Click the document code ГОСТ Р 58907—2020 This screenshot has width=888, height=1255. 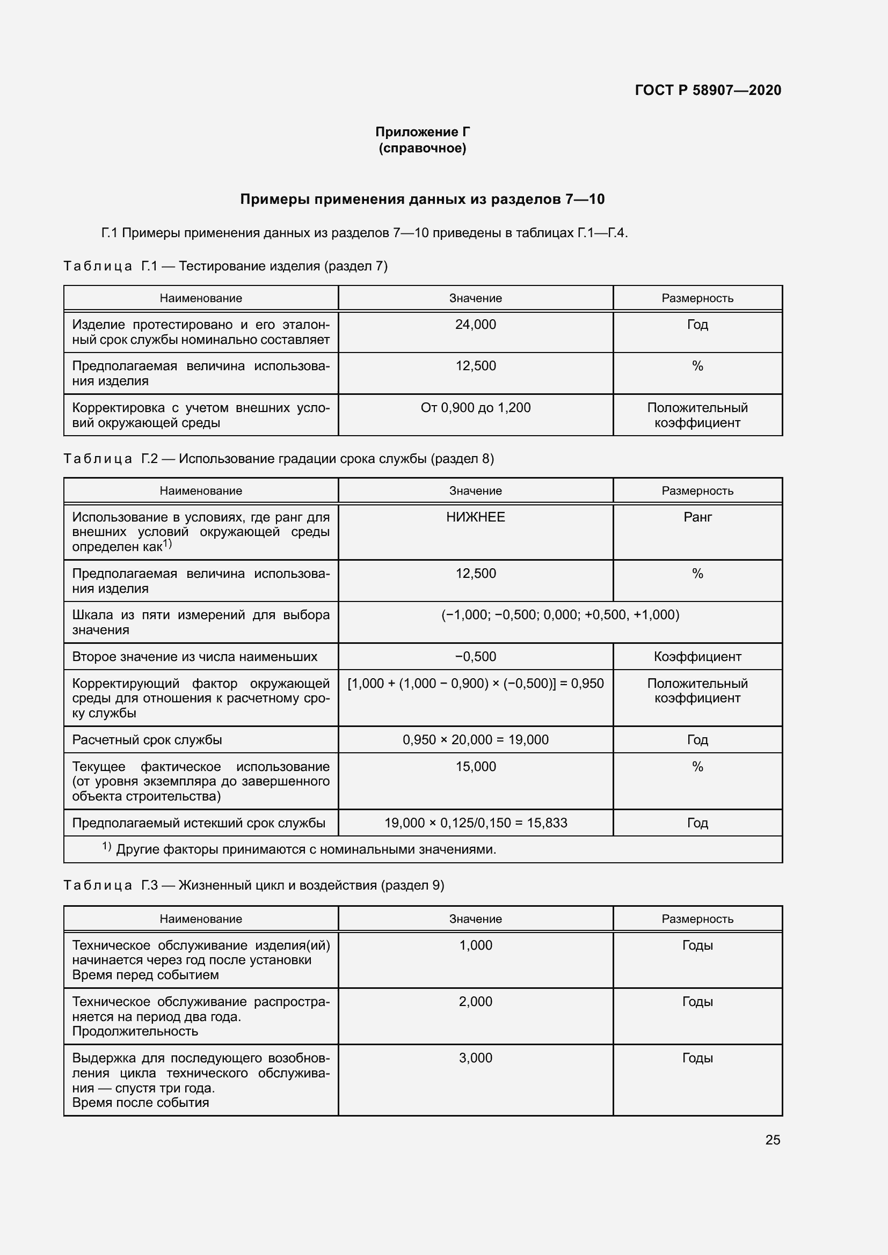(x=708, y=90)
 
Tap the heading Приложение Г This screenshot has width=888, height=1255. (x=422, y=132)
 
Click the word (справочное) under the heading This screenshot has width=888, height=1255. (x=422, y=148)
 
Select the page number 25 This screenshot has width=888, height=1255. (x=772, y=1140)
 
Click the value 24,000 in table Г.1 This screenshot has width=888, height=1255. (x=475, y=325)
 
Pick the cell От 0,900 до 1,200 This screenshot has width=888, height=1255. (x=475, y=408)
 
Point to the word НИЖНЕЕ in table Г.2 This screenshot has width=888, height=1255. (x=475, y=517)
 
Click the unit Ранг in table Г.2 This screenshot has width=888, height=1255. (x=697, y=517)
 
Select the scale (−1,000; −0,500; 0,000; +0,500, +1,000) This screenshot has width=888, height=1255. (x=560, y=615)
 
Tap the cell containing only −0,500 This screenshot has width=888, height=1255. (x=475, y=656)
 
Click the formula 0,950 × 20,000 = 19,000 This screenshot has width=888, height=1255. (x=475, y=739)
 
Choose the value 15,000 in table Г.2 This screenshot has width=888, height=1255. (x=475, y=767)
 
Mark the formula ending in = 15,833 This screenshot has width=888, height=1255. (x=475, y=823)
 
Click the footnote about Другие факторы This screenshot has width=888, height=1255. (x=305, y=849)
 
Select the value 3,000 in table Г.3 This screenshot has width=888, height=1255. (x=475, y=1058)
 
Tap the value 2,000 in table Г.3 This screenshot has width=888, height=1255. (x=475, y=1001)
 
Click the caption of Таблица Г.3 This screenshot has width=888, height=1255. (x=254, y=885)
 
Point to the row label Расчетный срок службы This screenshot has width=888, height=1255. (x=147, y=739)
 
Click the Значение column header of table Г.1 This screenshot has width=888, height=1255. (x=475, y=298)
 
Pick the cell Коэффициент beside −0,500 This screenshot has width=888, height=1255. (x=697, y=656)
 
